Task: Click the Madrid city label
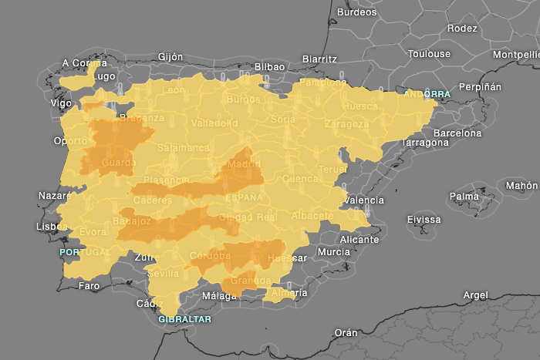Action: tap(244, 163)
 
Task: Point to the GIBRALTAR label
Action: tap(184, 318)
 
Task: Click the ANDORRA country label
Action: tap(427, 94)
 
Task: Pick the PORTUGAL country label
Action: tap(86, 252)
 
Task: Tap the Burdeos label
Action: tap(357, 12)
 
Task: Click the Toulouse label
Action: tap(429, 54)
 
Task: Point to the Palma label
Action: tap(464, 196)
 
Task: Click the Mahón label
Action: tap(521, 186)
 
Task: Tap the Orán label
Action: tap(345, 333)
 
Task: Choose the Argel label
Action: tap(475, 295)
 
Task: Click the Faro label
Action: tap(89, 286)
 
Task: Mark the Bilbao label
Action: tap(268, 67)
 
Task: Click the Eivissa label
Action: tap(424, 220)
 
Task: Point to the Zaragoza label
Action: tap(346, 124)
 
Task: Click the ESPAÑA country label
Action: tap(244, 197)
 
